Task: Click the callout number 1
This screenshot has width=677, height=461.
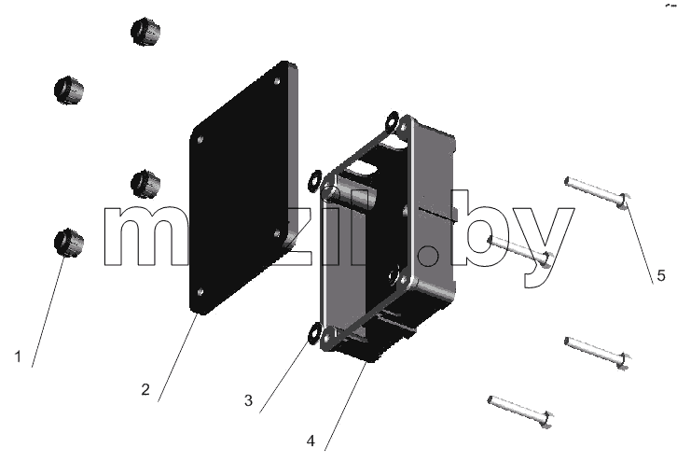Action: click(x=18, y=356)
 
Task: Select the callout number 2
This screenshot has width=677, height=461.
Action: click(x=145, y=389)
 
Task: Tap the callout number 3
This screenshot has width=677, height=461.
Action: click(x=248, y=400)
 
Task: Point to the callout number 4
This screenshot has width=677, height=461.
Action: click(x=311, y=441)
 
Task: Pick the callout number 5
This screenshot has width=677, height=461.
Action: click(x=661, y=275)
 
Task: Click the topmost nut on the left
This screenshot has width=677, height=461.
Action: click(x=145, y=32)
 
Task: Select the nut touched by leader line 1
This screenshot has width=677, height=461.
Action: click(x=69, y=243)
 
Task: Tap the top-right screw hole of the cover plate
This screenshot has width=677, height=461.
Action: click(x=277, y=81)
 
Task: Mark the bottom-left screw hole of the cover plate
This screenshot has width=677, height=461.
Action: click(x=200, y=292)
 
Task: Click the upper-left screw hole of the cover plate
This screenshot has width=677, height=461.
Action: click(x=200, y=140)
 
